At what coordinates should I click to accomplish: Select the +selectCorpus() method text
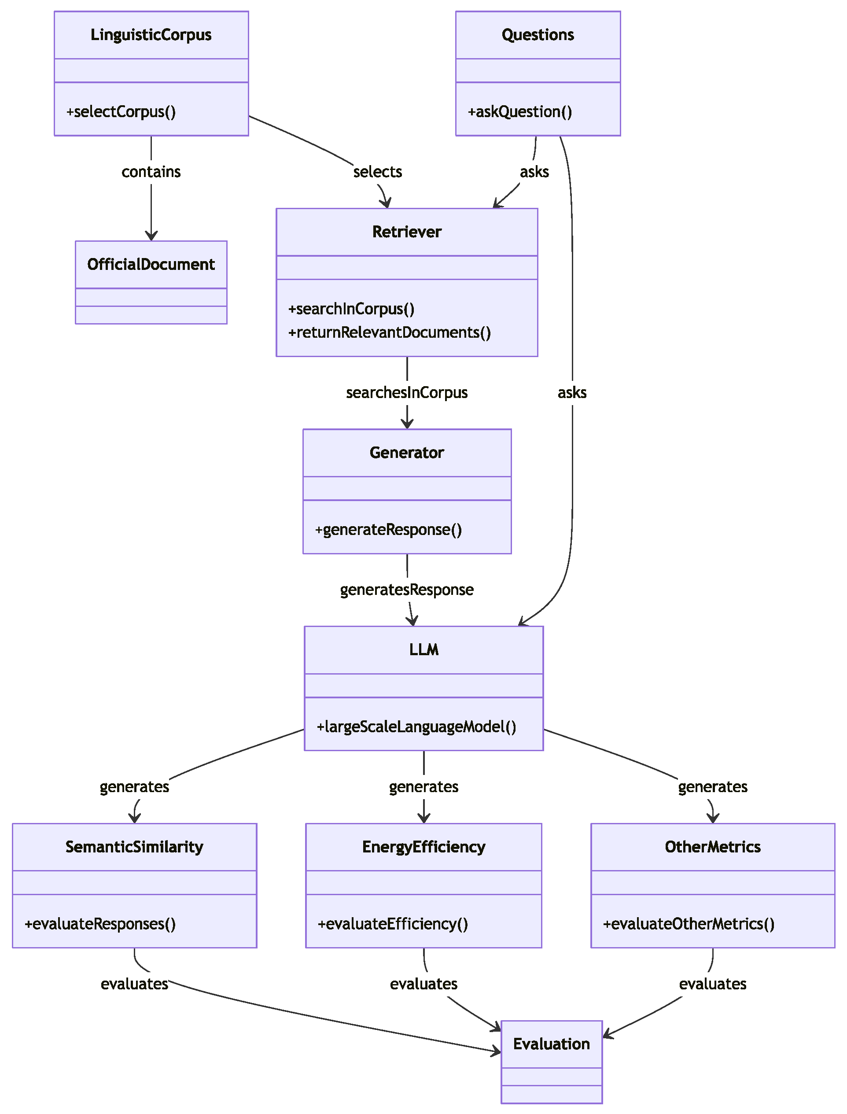[121, 111]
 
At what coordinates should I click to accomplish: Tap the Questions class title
[538, 35]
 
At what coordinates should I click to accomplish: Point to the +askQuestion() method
[520, 111]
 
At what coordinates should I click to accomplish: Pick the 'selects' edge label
[377, 172]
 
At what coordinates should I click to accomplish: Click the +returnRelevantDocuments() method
[389, 332]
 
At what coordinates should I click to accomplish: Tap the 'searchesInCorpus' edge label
[406, 392]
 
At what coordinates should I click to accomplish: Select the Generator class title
[406, 452]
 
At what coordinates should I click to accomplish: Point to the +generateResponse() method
[388, 530]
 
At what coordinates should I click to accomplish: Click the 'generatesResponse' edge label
[406, 590]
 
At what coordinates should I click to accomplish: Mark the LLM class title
[423, 649]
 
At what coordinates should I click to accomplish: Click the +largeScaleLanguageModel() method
[416, 727]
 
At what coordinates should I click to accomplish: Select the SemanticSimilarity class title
[134, 847]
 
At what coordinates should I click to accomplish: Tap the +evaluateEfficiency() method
[393, 924]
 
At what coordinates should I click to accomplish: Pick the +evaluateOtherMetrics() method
[688, 924]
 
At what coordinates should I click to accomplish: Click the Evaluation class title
[551, 1044]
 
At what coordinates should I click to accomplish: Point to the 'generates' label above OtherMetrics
[712, 787]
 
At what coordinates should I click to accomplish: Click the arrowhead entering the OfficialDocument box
[151, 236]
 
